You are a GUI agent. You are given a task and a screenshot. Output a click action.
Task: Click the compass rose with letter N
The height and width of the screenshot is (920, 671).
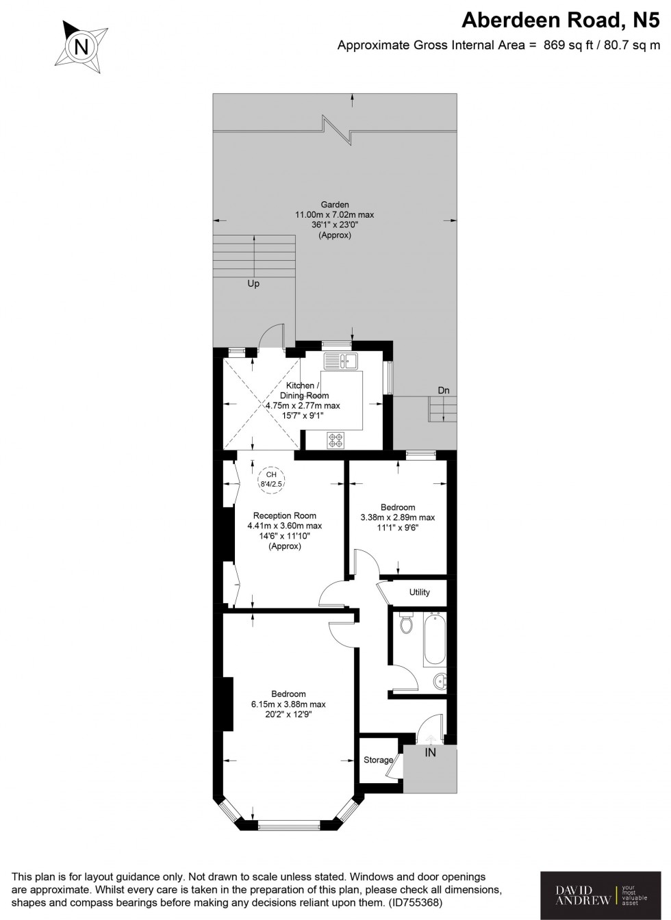pos(81,47)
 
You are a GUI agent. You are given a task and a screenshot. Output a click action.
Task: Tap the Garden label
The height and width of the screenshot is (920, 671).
pos(335,204)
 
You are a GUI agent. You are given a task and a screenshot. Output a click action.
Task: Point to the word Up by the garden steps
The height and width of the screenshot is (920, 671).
pos(253,283)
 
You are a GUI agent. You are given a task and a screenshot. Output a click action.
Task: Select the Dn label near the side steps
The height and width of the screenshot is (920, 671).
pos(444,390)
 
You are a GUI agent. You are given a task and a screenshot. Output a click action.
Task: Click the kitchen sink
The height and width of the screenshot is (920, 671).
pos(341,361)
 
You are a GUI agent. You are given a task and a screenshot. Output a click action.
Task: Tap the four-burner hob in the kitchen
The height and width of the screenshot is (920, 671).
pos(336,441)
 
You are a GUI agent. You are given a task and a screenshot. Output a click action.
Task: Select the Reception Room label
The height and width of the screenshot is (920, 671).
pos(285,515)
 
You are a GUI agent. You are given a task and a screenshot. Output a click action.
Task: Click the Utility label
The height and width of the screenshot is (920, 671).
pos(419,592)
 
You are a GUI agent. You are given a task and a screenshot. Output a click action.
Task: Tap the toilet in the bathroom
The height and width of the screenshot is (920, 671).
pos(405,624)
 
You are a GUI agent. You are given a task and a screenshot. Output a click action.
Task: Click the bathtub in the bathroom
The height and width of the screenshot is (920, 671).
pos(434,641)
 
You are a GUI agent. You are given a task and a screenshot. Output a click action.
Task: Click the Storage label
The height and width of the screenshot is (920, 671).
pos(378,760)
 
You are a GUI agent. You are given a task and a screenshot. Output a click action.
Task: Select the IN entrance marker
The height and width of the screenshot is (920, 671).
pos(430,753)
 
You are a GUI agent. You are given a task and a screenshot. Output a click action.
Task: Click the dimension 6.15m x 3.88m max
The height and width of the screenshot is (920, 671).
pos(288,704)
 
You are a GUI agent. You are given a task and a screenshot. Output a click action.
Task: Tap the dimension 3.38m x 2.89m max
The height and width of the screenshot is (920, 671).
pos(398,517)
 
